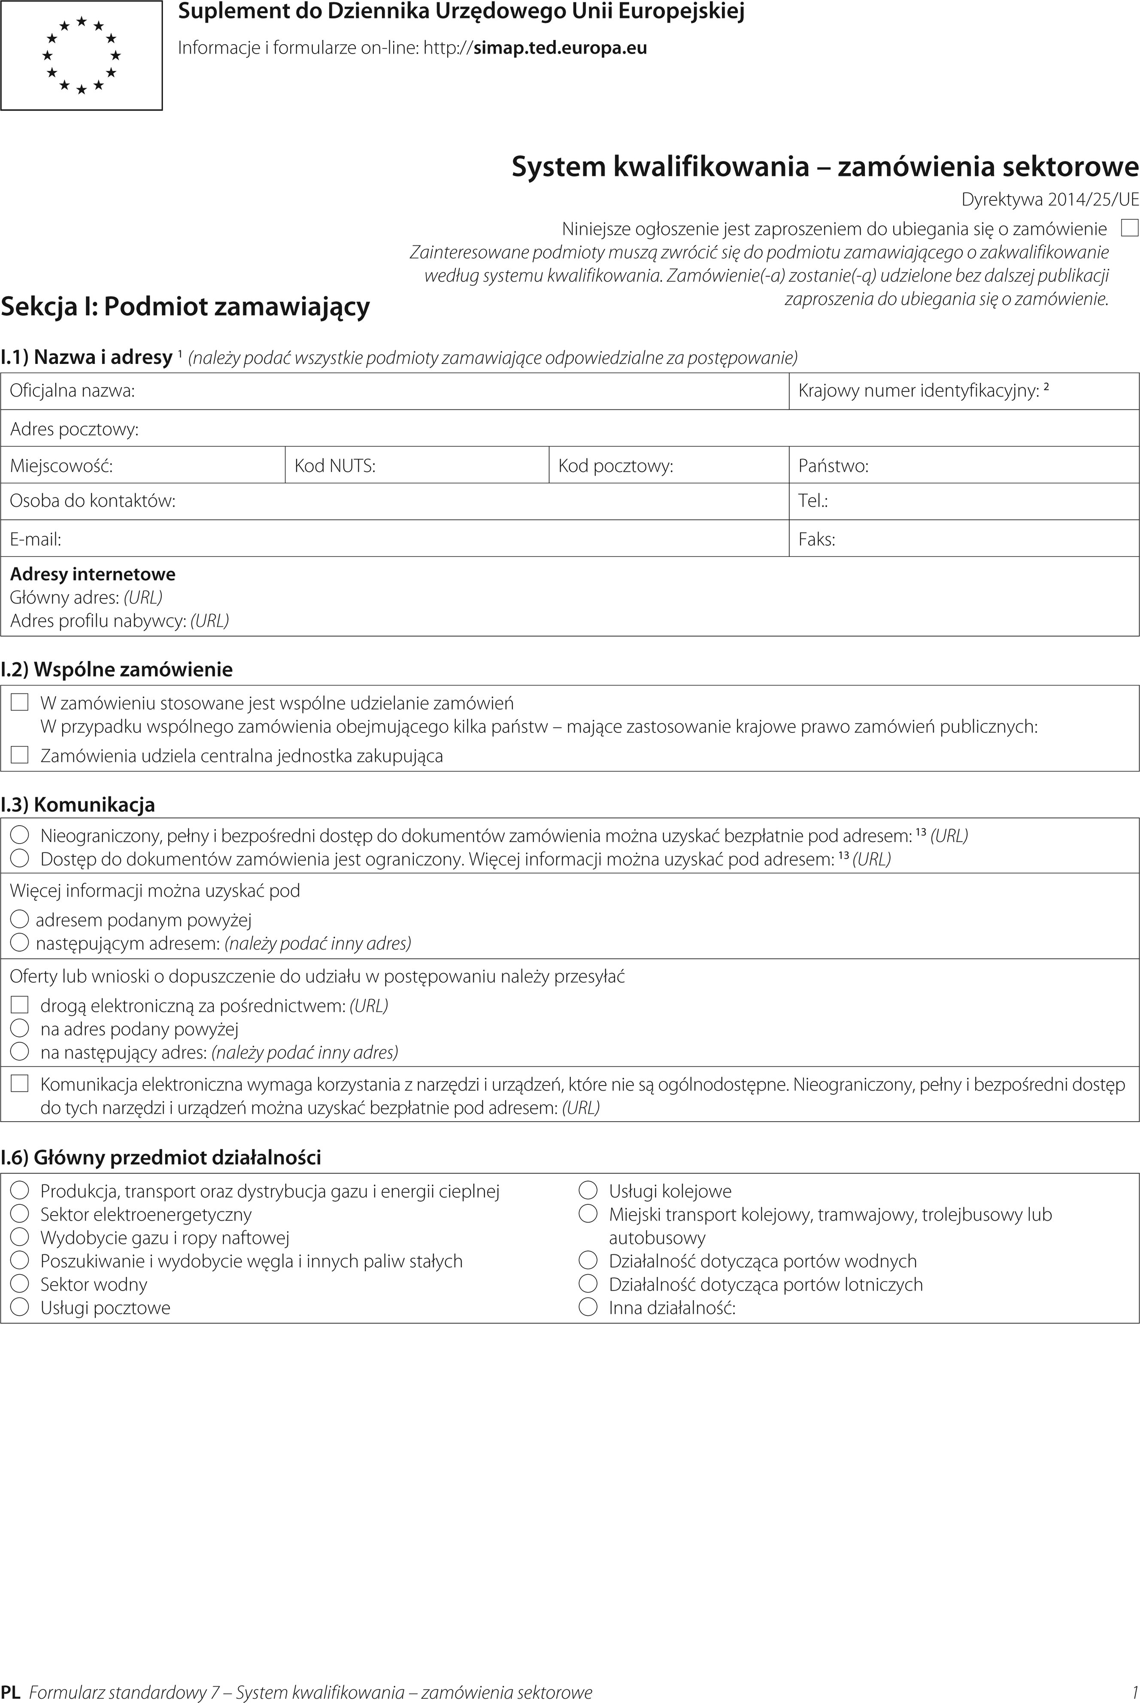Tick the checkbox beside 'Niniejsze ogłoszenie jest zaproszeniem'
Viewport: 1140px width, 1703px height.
[1129, 228]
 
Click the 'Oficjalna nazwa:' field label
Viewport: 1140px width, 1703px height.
[73, 391]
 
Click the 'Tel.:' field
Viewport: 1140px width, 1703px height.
[963, 501]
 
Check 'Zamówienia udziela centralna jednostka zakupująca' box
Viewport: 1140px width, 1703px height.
[20, 755]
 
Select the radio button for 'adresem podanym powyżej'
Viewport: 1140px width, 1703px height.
[20, 920]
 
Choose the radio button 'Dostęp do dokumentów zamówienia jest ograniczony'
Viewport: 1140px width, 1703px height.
[20, 859]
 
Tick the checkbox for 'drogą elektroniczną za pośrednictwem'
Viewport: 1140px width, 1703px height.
[20, 1005]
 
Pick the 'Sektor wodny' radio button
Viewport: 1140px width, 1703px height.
[20, 1284]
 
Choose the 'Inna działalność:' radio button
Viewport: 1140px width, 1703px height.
[588, 1307]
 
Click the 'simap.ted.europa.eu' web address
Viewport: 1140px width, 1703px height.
[560, 48]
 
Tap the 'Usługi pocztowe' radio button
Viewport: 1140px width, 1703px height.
[20, 1307]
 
